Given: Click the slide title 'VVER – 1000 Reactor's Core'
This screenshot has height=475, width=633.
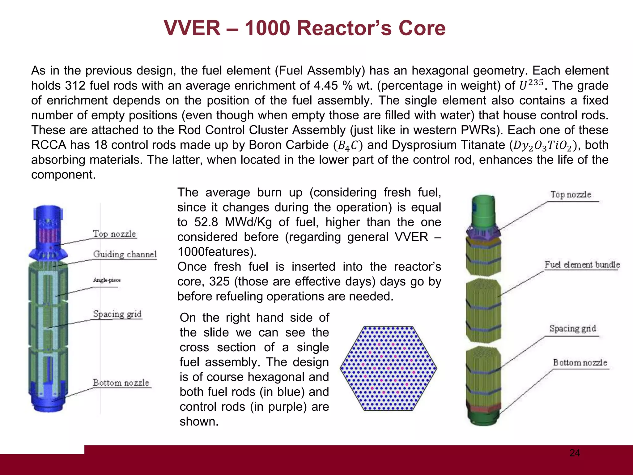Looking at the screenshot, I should click(x=304, y=28).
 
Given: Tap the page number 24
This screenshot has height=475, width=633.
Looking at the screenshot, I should click(x=575, y=453).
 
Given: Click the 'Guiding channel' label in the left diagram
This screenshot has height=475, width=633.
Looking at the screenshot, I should click(x=125, y=254).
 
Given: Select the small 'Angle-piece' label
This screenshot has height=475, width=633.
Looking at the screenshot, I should click(x=107, y=280).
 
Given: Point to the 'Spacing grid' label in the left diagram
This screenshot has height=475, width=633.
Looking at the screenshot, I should click(x=117, y=314).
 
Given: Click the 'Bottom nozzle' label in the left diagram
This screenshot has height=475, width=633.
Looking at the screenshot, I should click(x=121, y=383).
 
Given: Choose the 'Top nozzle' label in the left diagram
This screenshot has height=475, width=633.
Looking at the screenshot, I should click(x=114, y=234).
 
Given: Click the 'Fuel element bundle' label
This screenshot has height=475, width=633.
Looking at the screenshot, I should click(x=582, y=265).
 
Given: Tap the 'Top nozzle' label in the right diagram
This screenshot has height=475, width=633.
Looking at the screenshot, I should click(x=571, y=195).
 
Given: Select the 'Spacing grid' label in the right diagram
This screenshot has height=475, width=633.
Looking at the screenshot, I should click(x=572, y=328).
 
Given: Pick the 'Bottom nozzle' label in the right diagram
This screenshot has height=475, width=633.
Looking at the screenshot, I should click(x=580, y=362).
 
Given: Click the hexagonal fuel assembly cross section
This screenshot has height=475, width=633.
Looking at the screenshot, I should click(x=388, y=368).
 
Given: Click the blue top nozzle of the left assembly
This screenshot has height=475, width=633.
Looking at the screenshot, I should click(x=48, y=229).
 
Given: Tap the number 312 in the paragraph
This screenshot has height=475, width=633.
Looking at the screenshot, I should click(x=75, y=86).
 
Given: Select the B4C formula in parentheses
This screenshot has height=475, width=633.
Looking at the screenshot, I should click(x=347, y=145).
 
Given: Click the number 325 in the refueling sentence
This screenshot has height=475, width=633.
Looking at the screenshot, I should click(x=219, y=282).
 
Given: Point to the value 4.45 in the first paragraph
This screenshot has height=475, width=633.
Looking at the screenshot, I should click(x=326, y=86).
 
